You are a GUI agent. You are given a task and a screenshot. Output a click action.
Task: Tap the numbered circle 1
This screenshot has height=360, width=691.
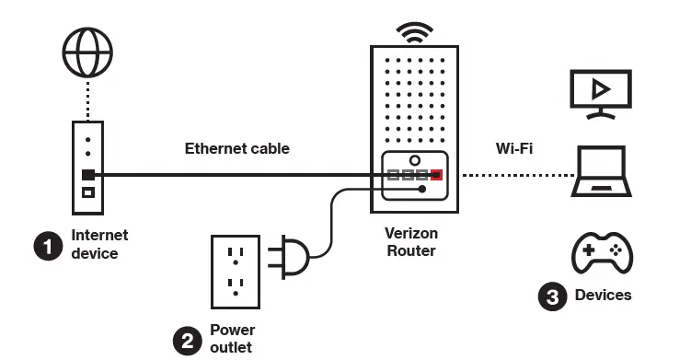[x=47, y=245]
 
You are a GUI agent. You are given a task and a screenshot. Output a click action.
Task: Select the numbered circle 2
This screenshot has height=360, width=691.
[x=188, y=341]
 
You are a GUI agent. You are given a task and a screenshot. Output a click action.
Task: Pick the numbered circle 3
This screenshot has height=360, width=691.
[x=551, y=296]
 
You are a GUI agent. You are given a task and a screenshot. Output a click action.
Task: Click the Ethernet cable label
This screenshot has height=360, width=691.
[x=237, y=148]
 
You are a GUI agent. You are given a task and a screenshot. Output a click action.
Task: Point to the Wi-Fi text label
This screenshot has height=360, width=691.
[x=514, y=147]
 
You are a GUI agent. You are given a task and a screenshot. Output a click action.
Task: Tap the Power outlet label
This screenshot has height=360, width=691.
[x=233, y=338]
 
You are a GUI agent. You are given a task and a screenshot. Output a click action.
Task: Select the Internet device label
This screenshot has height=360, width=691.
[x=99, y=244]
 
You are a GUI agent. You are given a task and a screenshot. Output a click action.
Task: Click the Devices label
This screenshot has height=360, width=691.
[x=603, y=295]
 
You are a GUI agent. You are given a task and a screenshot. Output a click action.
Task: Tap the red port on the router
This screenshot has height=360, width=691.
[x=437, y=174]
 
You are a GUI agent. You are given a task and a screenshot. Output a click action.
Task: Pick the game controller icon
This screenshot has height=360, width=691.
[x=602, y=252]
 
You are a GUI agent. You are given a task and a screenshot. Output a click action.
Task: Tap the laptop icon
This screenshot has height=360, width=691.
[x=602, y=174]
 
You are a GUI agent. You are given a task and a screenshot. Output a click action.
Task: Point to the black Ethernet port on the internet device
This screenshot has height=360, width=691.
[x=87, y=174]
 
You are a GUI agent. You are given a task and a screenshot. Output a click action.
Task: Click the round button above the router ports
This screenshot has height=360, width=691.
[x=415, y=159]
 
